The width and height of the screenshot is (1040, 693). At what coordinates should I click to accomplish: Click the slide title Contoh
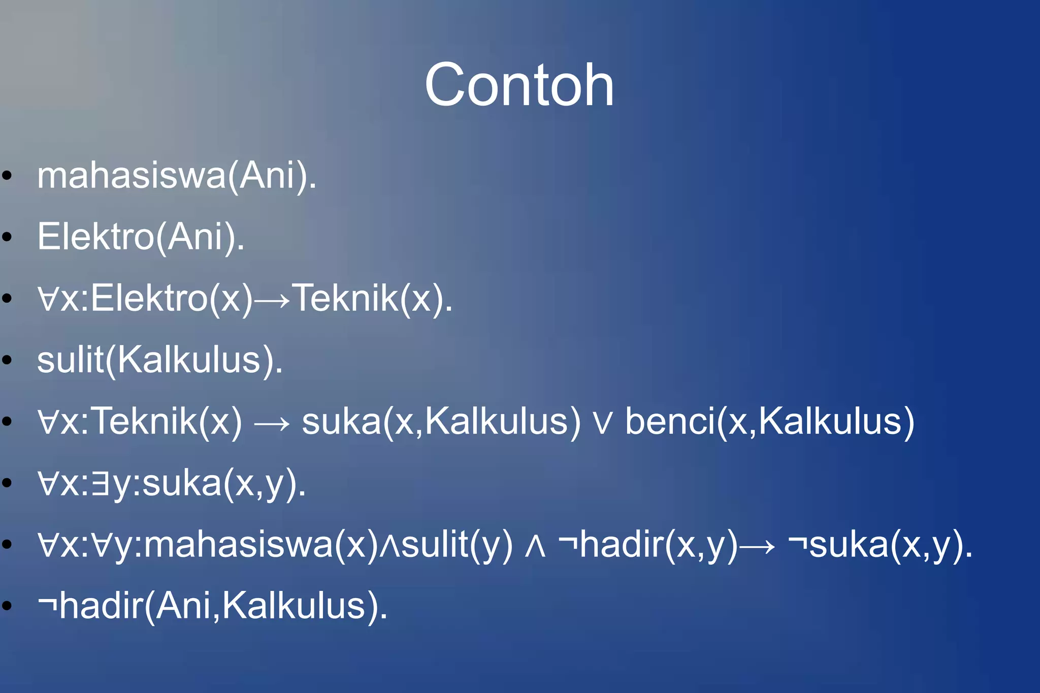click(519, 85)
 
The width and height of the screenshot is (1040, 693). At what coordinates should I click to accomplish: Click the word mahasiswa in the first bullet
click(132, 176)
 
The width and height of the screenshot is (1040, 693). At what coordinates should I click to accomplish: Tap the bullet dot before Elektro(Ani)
click(7, 237)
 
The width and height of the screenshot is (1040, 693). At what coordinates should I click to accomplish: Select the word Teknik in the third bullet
click(345, 298)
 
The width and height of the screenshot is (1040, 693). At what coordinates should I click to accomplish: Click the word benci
click(669, 421)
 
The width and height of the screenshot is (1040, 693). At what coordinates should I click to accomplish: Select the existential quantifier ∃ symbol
click(101, 483)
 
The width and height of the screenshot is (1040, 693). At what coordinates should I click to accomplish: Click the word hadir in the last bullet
click(102, 606)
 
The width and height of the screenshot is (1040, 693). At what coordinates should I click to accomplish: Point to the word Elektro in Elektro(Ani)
click(95, 237)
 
